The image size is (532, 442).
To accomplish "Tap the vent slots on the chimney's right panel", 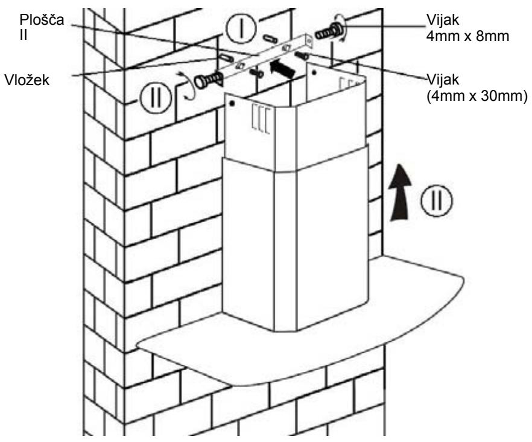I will point(349,84).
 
